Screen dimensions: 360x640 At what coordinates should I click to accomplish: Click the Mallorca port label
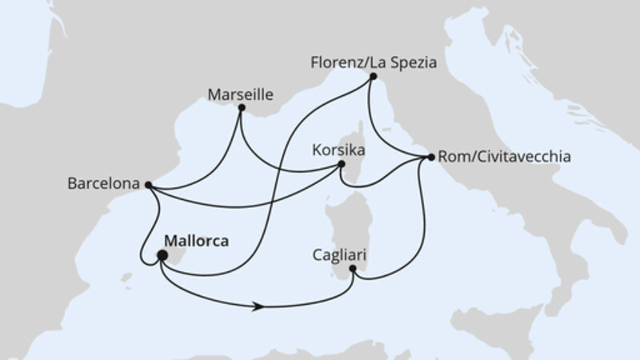pyautogui.click(x=197, y=239)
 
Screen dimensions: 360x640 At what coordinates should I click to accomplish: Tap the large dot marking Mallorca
pyautogui.click(x=162, y=256)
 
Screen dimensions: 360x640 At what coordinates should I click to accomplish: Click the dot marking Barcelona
pyautogui.click(x=148, y=184)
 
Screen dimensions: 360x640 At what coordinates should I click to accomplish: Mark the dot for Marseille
pyautogui.click(x=242, y=107)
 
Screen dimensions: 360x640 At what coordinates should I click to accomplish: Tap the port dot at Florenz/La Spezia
pyautogui.click(x=373, y=76)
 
